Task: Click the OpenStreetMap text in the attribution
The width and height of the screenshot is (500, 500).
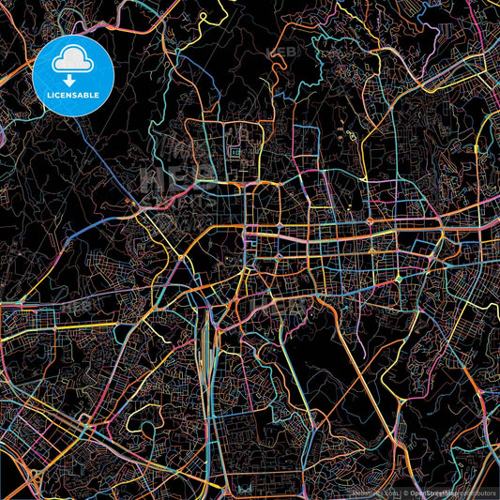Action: [x=431, y=492]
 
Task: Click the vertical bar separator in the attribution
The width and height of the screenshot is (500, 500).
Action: [x=400, y=492]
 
